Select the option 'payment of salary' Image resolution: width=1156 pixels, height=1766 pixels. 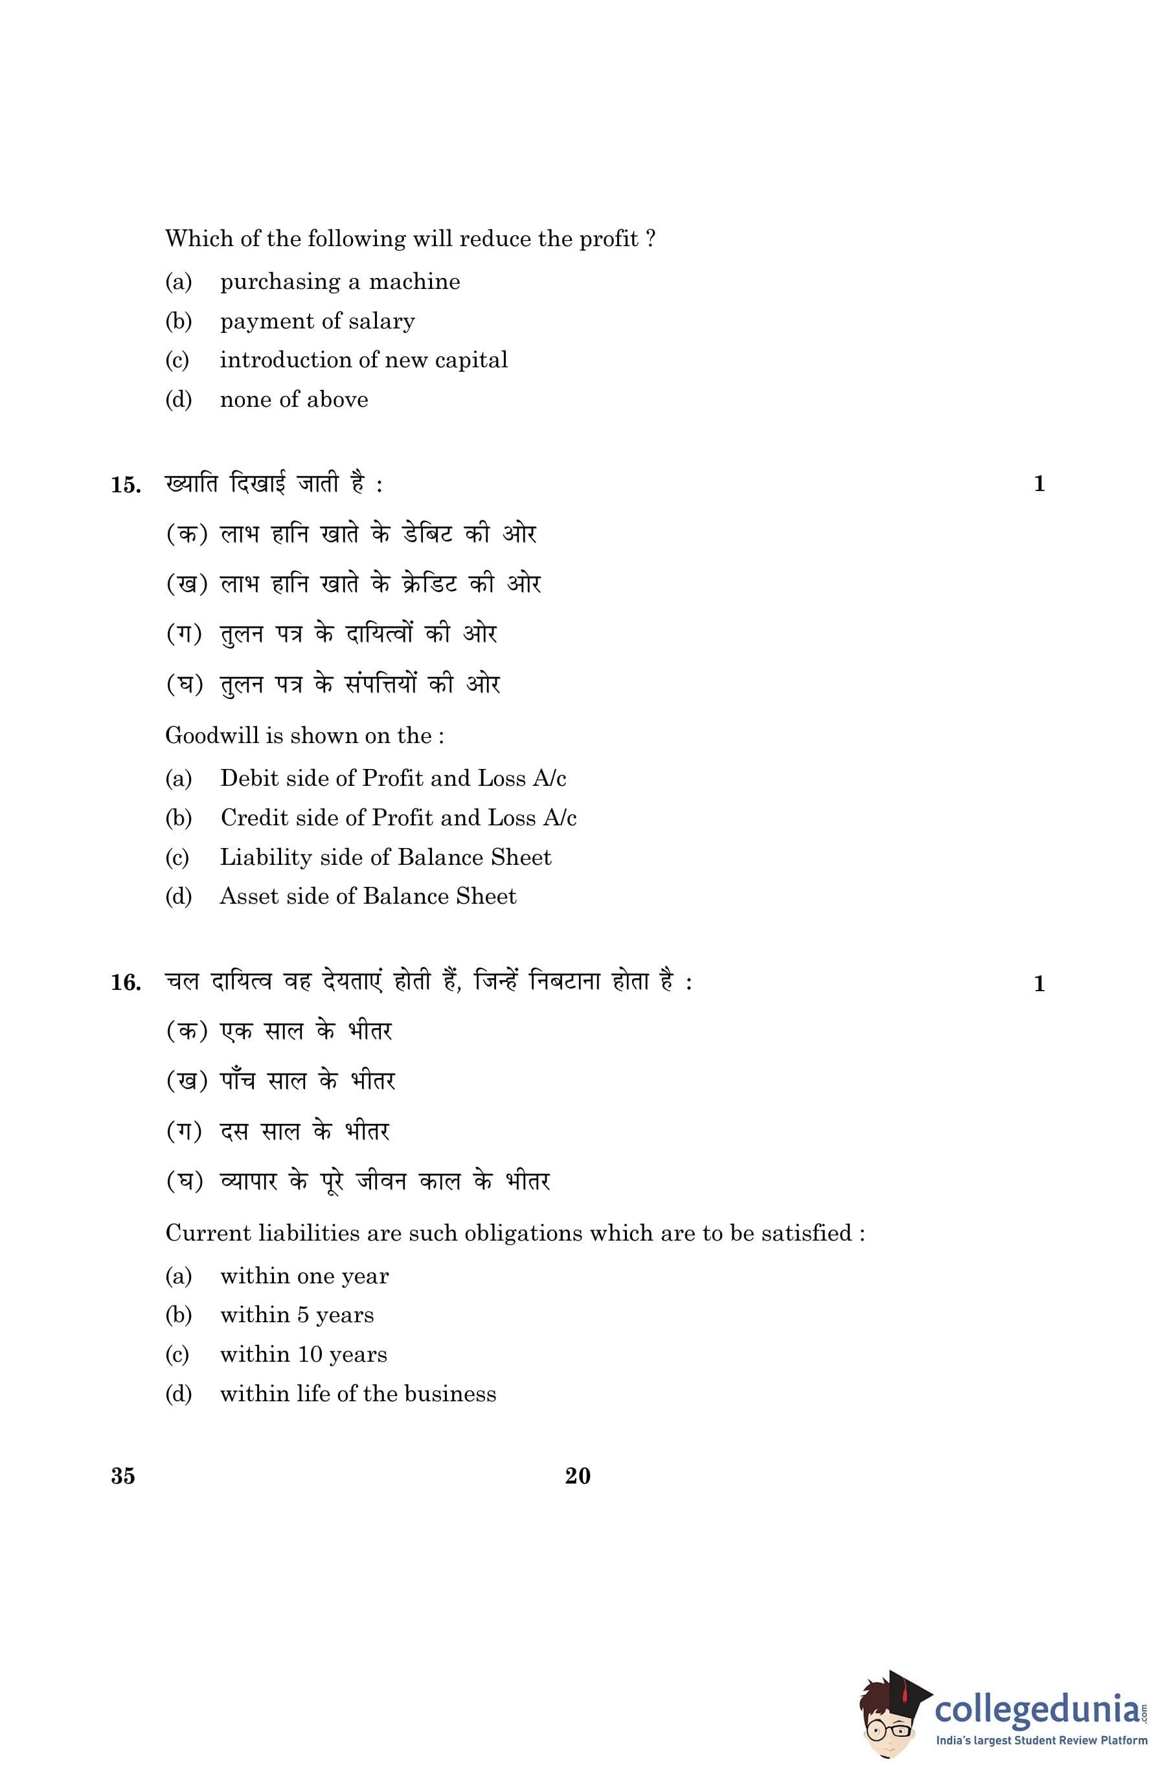click(317, 321)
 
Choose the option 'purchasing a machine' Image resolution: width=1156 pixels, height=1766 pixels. click(339, 282)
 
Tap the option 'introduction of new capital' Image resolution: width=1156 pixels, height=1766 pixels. click(363, 361)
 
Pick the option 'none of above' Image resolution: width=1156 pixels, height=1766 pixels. click(293, 400)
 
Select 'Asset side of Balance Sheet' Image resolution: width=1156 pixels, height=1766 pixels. click(367, 897)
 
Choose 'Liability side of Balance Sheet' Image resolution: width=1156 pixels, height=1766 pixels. click(385, 857)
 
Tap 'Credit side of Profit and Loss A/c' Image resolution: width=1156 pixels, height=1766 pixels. click(398, 818)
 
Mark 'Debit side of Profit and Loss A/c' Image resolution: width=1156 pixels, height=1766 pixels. click(392, 779)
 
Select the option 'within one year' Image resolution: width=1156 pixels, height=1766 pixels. click(304, 1276)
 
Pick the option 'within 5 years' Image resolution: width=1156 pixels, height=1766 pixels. click(296, 1316)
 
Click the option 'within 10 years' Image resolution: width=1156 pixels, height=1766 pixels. click(302, 1355)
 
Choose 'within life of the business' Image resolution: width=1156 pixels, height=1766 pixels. click(357, 1394)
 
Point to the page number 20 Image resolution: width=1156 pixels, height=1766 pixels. click(577, 1476)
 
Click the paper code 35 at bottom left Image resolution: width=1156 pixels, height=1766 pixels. click(123, 1476)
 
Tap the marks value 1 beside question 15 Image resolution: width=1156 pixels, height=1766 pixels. click(1039, 484)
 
